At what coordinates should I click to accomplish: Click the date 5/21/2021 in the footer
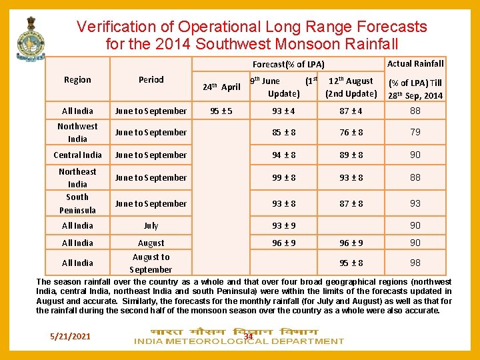pyautogui.click(x=70, y=335)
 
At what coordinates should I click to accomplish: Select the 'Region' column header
pyautogui.click(x=77, y=79)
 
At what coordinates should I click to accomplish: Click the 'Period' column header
pyautogui.click(x=151, y=79)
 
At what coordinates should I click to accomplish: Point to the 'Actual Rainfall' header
pyautogui.click(x=415, y=63)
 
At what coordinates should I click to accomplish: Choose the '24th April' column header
pyautogui.click(x=221, y=87)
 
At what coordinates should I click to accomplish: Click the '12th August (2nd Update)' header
pyautogui.click(x=351, y=87)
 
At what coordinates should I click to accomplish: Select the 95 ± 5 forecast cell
pyautogui.click(x=221, y=111)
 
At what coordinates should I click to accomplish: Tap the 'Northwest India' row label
pyautogui.click(x=77, y=132)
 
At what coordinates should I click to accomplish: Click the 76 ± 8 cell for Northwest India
pyautogui.click(x=351, y=132)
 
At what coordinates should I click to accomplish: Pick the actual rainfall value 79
pyautogui.click(x=415, y=132)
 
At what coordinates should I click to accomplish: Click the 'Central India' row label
pyautogui.click(x=77, y=155)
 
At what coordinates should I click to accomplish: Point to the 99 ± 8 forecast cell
pyautogui.click(x=284, y=177)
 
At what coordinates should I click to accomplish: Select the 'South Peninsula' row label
pyautogui.click(x=77, y=203)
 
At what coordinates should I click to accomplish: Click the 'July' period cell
pyautogui.click(x=151, y=226)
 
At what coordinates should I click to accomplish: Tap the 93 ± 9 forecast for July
pyautogui.click(x=284, y=226)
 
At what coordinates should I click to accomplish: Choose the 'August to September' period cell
pyautogui.click(x=151, y=263)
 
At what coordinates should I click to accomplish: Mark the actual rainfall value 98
pyautogui.click(x=415, y=263)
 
